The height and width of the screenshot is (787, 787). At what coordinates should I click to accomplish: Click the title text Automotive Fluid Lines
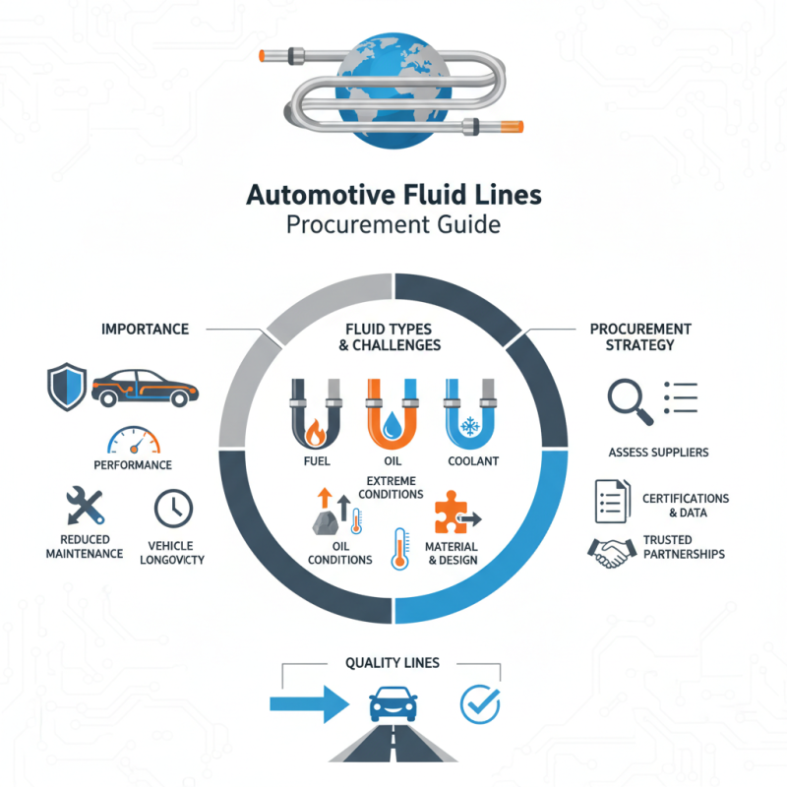tap(393, 195)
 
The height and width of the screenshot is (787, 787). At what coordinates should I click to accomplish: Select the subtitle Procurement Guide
tap(393, 225)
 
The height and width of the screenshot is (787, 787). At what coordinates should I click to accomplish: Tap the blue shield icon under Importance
tap(65, 387)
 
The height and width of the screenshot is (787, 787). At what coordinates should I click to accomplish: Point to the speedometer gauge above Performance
tap(132, 439)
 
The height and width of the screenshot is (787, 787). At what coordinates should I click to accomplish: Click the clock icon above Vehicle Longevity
tap(174, 508)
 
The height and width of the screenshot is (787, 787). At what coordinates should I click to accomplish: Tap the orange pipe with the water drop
tap(393, 412)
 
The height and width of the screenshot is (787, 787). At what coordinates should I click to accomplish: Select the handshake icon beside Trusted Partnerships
tap(611, 552)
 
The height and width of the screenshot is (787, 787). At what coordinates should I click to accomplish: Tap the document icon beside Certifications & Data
tap(611, 502)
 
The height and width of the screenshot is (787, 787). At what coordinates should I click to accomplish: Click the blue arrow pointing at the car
tap(309, 703)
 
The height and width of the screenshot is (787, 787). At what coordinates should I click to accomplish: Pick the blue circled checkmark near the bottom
tap(481, 703)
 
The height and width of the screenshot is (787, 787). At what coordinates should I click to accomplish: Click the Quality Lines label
tap(393, 663)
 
